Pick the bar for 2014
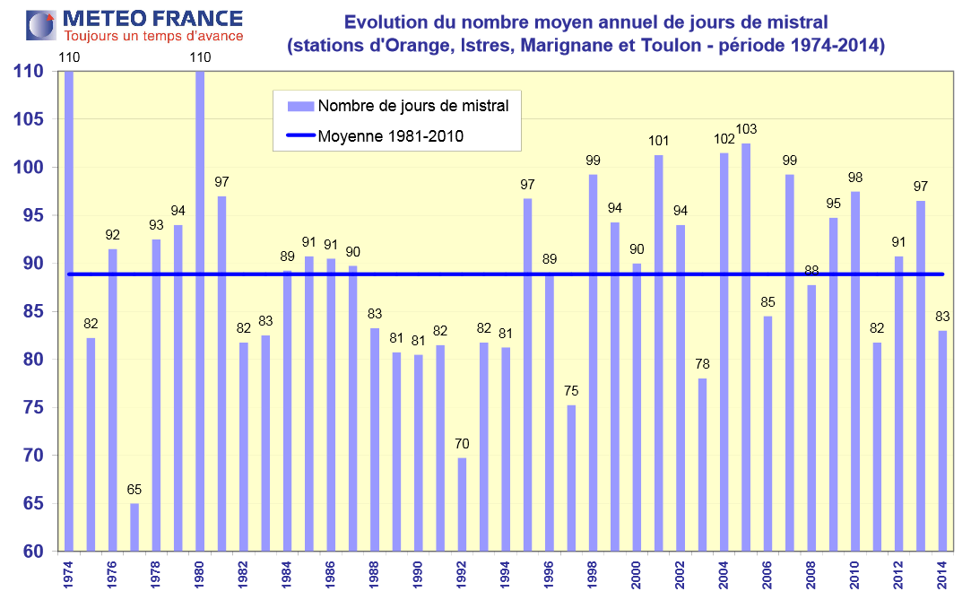pos(942,440)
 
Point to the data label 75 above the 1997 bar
pos(571,391)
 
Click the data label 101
pos(659,140)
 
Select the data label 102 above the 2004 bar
pos(724,138)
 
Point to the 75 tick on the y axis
pos(36,408)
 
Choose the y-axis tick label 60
pos(36,552)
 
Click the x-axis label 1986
pos(330,575)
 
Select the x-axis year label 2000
pos(636,575)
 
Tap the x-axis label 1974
pos(68,575)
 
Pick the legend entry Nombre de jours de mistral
pos(412,106)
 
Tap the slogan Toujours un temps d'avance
pos(152,36)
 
